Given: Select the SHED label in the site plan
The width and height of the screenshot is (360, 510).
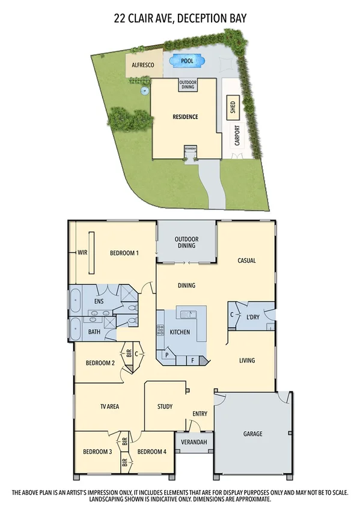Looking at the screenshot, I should pos(233,108).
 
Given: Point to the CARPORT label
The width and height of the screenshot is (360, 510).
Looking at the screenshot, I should pos(237,136).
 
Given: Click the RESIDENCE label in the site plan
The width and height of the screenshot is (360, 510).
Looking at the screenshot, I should pos(185,117).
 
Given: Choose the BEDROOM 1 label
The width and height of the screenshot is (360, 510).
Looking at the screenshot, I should pos(124,253).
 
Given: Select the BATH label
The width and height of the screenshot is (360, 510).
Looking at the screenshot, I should pos(94,331).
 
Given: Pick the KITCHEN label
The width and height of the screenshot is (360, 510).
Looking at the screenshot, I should pos(180,332).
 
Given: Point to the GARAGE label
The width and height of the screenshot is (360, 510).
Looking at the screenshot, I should pos(252,434).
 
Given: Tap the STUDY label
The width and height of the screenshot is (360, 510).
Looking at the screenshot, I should pos(165,407).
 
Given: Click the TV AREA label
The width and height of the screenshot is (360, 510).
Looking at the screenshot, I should pos(109,407).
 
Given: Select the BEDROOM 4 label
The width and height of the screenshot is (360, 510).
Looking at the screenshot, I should pos(151,452).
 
